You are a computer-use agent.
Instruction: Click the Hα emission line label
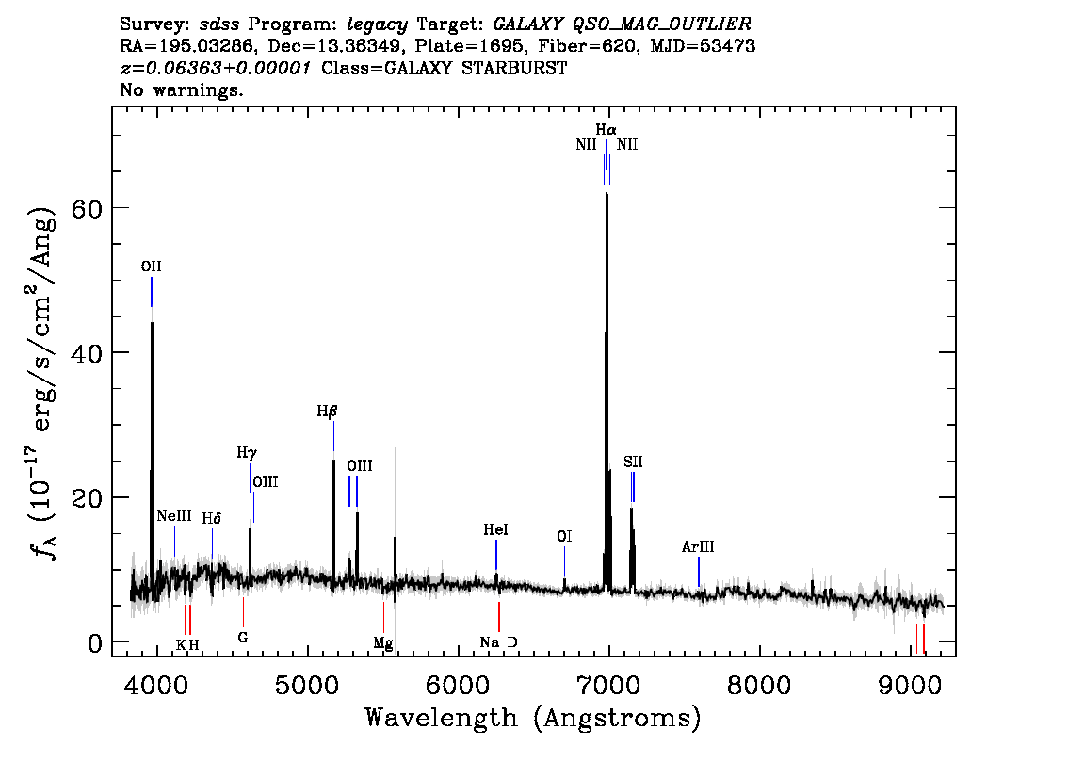tap(606, 129)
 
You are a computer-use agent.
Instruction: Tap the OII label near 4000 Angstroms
tap(152, 267)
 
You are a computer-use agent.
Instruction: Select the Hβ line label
tap(327, 412)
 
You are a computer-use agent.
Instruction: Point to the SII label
tap(633, 462)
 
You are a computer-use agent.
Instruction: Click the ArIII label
tap(698, 546)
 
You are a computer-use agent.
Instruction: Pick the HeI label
tap(495, 529)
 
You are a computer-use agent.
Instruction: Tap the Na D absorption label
tap(498, 641)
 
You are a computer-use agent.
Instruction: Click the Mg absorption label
tap(382, 642)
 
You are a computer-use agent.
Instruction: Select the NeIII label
tap(174, 515)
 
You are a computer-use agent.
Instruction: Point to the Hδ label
tap(212, 518)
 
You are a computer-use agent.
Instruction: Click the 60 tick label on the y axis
tap(87, 207)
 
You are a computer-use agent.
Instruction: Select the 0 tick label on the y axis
tap(95, 642)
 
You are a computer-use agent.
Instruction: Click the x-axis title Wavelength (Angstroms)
tap(533, 718)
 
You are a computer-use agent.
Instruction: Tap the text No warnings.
tap(181, 89)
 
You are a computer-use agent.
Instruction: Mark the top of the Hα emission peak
tap(607, 193)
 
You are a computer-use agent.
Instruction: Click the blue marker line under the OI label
tap(564, 561)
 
